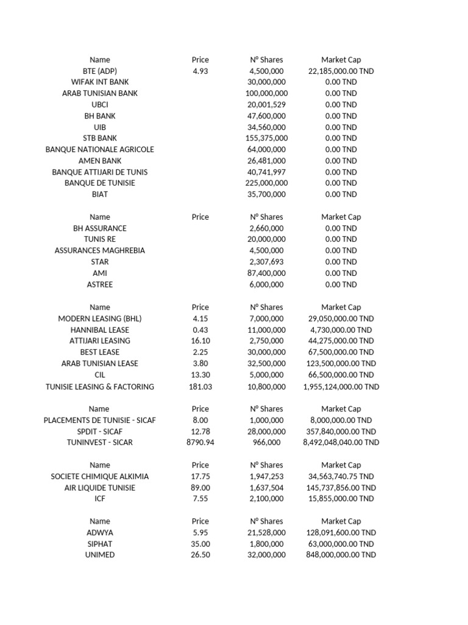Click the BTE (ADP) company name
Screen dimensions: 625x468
(100, 71)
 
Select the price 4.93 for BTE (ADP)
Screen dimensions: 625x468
(200, 71)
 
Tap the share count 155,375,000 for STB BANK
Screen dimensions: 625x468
(266, 138)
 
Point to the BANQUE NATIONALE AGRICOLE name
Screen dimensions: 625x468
(100, 150)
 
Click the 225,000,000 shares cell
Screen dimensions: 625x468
(266, 183)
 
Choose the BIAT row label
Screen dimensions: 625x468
(100, 194)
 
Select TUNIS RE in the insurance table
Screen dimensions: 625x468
(100, 239)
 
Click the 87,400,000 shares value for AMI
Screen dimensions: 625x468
(266, 273)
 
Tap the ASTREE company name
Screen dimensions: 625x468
(100, 284)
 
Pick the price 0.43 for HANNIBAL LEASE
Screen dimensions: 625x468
(200, 330)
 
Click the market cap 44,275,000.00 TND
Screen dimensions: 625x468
(341, 341)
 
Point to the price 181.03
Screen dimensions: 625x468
(200, 386)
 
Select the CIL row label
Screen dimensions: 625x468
(100, 375)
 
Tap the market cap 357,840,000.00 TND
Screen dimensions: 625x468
(341, 431)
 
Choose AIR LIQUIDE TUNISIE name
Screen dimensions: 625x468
(100, 488)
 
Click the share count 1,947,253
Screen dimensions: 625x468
(266, 476)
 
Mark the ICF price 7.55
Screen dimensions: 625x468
(200, 499)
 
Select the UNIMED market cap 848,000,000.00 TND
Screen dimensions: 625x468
(341, 555)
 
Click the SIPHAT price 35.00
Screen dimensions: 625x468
(200, 544)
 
